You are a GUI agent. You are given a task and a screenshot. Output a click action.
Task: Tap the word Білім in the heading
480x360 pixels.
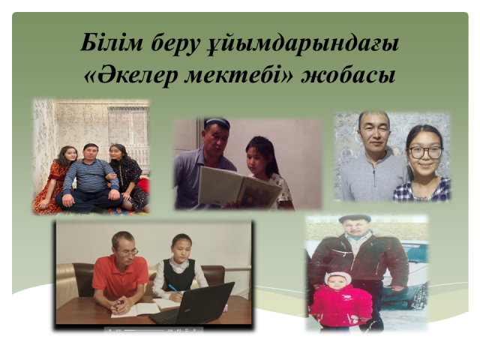click(112, 43)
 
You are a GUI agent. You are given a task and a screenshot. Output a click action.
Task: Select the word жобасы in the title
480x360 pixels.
click(348, 75)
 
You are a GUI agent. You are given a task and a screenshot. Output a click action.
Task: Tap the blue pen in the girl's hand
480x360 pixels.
click(174, 289)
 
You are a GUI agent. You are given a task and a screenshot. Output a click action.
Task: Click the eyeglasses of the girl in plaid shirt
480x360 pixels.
click(425, 152)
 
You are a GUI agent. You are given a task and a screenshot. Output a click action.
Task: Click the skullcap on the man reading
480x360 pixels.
click(217, 123)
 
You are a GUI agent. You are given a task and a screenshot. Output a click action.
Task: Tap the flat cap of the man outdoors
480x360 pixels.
click(355, 218)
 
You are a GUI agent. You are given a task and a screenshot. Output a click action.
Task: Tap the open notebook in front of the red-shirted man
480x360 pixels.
click(135, 310)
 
